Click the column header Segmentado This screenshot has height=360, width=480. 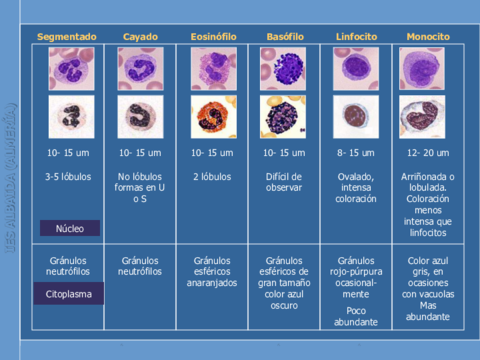click(67, 37)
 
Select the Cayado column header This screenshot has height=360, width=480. click(140, 37)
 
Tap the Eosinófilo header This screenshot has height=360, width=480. click(212, 37)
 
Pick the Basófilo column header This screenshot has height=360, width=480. click(285, 37)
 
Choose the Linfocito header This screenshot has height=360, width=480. click(356, 37)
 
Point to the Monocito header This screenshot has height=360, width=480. click(428, 37)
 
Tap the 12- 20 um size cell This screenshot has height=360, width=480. click(428, 153)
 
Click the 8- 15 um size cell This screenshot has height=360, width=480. click(356, 153)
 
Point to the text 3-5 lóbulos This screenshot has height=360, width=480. click(68, 177)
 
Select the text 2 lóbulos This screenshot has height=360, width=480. click(212, 177)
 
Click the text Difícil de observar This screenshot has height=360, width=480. click(285, 182)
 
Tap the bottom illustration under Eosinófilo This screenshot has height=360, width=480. click(213, 117)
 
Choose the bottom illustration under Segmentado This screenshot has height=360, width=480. click(68, 117)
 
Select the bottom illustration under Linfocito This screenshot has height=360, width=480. click(356, 117)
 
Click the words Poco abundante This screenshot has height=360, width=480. click(356, 316)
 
